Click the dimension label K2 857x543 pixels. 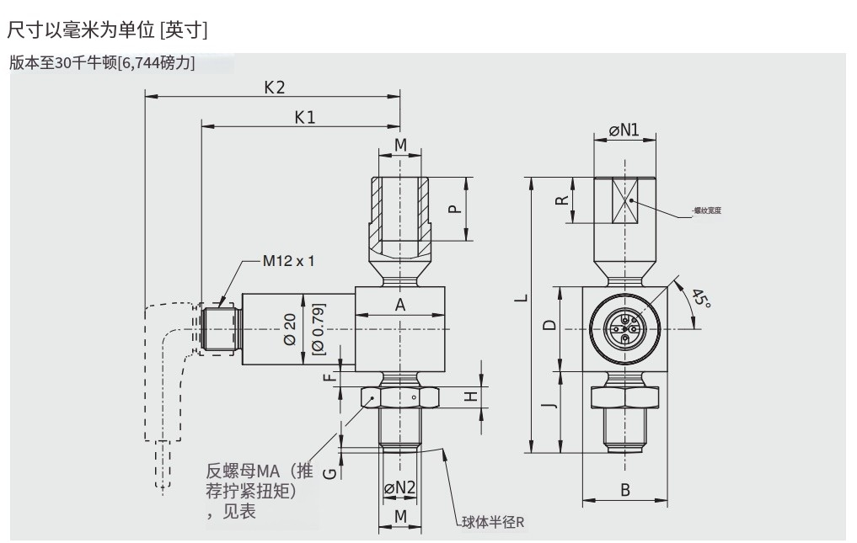(275, 87)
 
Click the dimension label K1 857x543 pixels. (304, 118)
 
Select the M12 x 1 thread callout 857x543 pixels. (288, 260)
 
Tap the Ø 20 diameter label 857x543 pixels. (290, 328)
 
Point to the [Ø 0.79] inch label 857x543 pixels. (318, 327)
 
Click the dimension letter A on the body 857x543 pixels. (400, 305)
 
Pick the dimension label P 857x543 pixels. (455, 209)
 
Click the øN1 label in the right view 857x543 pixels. (624, 130)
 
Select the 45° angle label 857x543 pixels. (701, 299)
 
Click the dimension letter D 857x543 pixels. (549, 326)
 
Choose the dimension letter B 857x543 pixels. (625, 489)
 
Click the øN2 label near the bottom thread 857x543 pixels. (400, 487)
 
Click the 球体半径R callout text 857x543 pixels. (493, 522)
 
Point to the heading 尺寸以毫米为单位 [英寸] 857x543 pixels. (107, 30)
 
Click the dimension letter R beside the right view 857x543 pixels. (560, 200)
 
